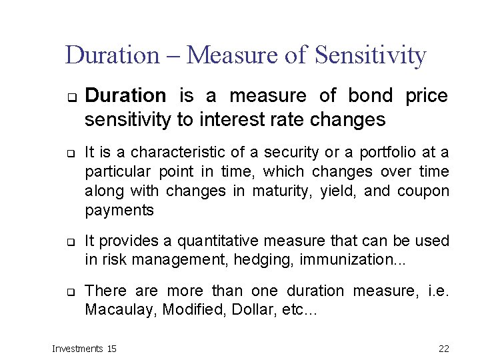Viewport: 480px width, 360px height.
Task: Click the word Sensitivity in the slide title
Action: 370,55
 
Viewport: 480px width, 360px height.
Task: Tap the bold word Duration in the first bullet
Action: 125,96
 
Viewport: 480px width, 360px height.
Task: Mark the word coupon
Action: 423,191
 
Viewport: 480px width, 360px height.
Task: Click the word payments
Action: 119,211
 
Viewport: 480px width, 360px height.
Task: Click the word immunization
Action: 339,259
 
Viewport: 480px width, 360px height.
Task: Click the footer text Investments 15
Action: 84,348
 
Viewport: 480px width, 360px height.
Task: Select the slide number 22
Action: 444,348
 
